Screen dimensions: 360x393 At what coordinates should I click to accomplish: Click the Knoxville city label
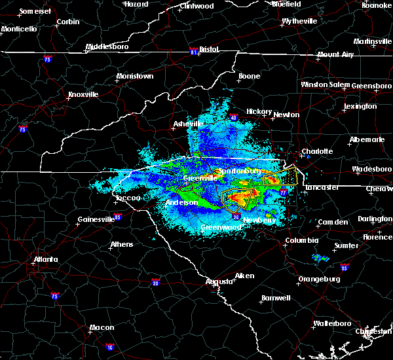tap(83, 95)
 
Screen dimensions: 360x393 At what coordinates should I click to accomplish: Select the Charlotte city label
tap(317, 151)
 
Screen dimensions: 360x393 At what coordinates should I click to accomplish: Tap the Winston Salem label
tap(326, 85)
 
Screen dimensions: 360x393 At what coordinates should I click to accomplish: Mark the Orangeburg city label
tap(319, 279)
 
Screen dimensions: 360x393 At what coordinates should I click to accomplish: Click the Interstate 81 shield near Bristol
tap(194, 50)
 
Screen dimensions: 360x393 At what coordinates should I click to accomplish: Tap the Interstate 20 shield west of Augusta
tap(155, 283)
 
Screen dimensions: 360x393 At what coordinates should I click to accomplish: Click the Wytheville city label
tap(299, 22)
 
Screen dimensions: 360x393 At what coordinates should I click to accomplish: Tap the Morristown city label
tap(135, 77)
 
